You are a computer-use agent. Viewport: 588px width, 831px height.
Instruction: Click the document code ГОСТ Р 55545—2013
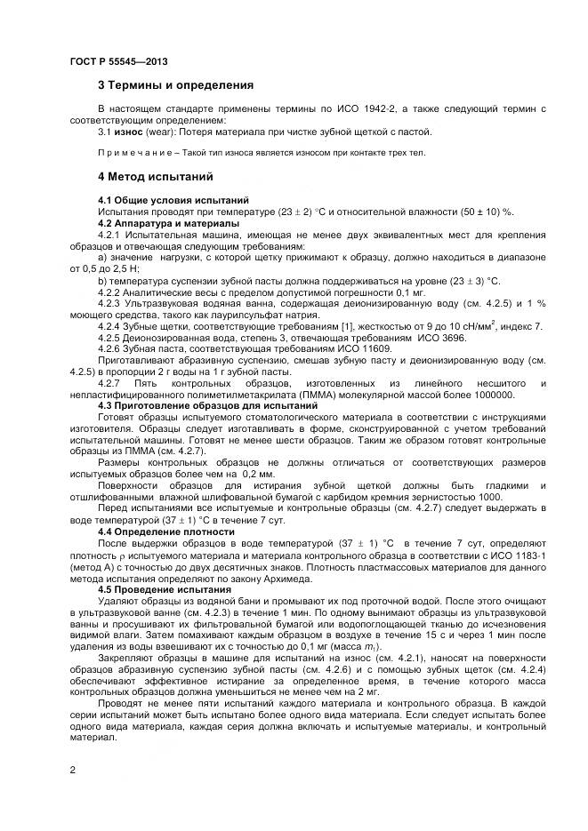point(118,61)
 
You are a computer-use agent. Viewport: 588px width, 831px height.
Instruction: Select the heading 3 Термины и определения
point(175,86)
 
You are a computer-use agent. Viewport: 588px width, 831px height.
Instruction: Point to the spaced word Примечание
point(131,153)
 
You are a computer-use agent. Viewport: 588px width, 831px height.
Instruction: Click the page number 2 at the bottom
point(72,771)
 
